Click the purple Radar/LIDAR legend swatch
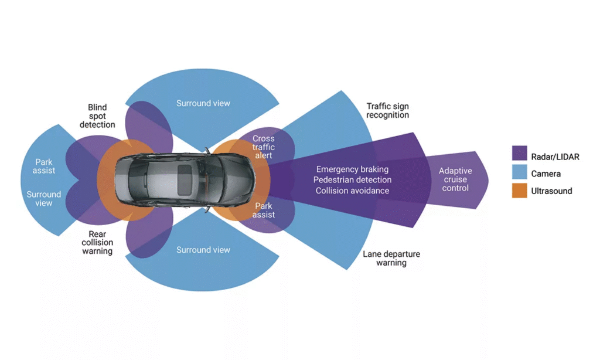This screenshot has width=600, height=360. point(519,153)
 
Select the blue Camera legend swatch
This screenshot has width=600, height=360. point(519,172)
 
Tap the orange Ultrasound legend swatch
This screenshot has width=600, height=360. point(519,191)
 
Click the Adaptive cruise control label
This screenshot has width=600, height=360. point(455,179)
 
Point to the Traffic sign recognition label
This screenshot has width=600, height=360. point(388,111)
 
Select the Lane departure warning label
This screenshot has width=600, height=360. point(391,259)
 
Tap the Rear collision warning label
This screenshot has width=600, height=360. point(97,243)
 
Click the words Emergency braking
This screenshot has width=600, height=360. point(352,169)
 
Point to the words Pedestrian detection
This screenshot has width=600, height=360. point(352,180)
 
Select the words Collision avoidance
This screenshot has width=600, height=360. point(352,191)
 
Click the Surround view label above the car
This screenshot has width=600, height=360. point(203,104)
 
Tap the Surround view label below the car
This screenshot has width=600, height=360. point(203,250)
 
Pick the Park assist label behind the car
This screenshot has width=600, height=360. point(43,167)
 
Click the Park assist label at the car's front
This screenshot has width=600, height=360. point(264,210)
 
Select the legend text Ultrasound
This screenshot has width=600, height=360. point(552,191)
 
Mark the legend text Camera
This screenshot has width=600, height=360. point(546,174)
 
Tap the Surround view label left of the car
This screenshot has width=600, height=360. point(43,199)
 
